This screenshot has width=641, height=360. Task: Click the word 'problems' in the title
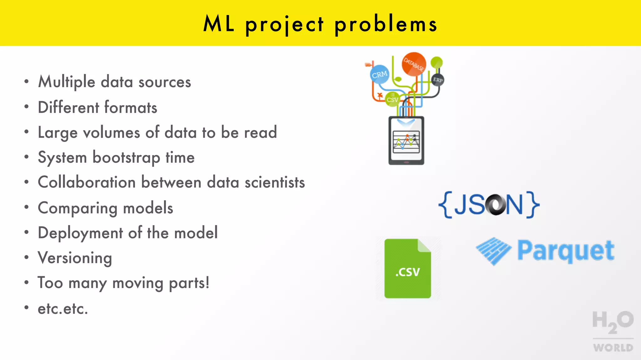(386, 24)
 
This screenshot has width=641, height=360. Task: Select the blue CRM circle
(380, 74)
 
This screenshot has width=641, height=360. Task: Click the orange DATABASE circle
(414, 64)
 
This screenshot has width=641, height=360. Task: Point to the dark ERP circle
(438, 80)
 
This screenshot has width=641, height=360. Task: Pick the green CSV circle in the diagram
(392, 99)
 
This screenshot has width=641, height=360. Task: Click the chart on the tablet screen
(406, 142)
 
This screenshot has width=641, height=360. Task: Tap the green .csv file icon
(408, 268)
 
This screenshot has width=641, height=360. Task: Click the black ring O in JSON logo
(495, 205)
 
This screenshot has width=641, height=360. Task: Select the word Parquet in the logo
(566, 251)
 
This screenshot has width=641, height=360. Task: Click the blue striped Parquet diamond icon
(494, 251)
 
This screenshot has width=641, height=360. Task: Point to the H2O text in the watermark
(613, 321)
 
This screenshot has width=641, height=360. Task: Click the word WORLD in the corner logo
(613, 347)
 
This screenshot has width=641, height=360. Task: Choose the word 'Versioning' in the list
(75, 258)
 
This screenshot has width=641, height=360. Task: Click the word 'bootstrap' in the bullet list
(126, 157)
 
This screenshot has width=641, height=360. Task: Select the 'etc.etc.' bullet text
(63, 309)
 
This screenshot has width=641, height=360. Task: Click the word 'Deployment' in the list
(80, 233)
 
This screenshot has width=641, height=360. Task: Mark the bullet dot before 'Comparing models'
(27, 207)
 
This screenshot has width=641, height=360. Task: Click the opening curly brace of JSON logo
(445, 205)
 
